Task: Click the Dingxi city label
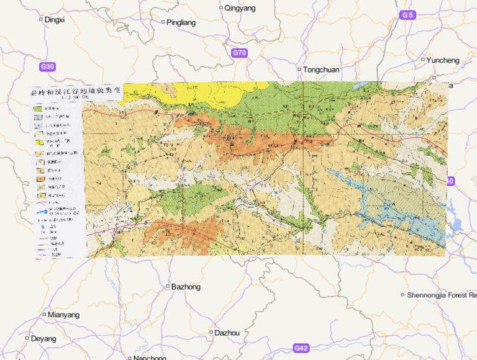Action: (x=55, y=19)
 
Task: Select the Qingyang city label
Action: (x=239, y=8)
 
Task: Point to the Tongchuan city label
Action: (x=321, y=70)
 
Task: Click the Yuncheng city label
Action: (x=443, y=60)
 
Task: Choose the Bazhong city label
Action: (x=186, y=287)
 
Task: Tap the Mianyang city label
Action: (x=63, y=315)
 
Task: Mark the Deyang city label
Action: (x=43, y=339)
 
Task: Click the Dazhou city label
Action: (x=227, y=333)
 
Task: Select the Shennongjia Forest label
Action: (x=442, y=295)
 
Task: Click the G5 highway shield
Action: (x=407, y=14)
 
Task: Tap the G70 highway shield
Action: (x=239, y=53)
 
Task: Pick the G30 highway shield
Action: (x=47, y=66)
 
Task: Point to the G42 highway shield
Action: (x=301, y=348)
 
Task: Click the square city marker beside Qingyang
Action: (x=221, y=8)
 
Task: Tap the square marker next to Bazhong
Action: (x=167, y=287)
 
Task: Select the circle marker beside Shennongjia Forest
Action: (x=402, y=295)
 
